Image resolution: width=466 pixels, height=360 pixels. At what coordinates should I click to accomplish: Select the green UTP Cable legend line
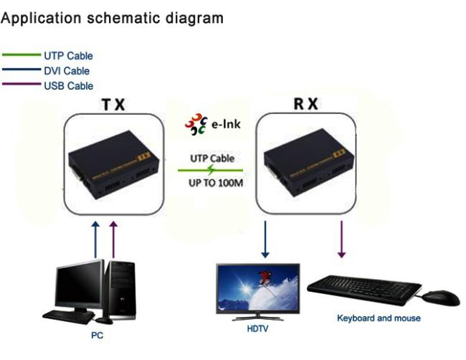22,55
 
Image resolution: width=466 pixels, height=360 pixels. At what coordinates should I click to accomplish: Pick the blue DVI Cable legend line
22,70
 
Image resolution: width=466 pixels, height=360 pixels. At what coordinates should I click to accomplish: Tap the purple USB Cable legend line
22,85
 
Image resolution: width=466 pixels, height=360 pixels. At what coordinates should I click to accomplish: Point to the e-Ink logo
213,125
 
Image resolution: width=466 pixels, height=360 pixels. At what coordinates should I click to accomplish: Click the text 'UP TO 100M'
211,184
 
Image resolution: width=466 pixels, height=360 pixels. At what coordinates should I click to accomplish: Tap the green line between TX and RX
211,171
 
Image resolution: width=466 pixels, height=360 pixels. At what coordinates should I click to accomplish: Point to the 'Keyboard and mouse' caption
379,318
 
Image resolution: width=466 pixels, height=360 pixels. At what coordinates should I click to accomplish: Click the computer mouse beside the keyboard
441,298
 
